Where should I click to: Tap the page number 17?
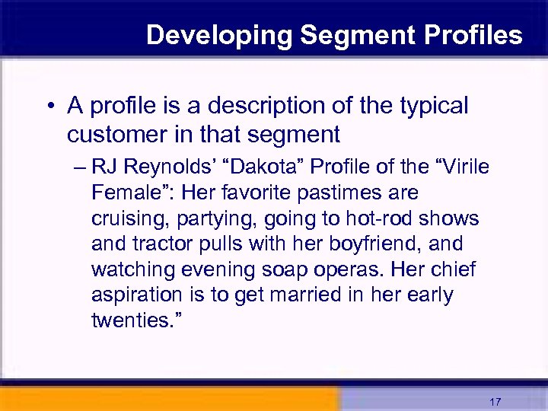coord(495,402)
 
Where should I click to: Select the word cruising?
coord(129,218)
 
